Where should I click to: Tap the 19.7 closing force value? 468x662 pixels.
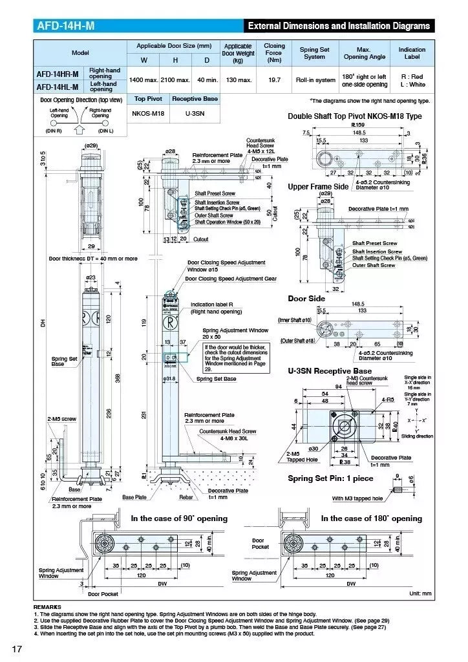[274, 80]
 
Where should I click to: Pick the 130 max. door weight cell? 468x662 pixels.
[237, 80]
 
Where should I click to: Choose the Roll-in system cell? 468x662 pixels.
[315, 80]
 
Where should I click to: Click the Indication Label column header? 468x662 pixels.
[412, 53]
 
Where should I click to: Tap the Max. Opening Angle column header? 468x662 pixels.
[363, 53]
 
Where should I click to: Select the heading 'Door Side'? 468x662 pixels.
[306, 299]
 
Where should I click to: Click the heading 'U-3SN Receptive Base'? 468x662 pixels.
[330, 371]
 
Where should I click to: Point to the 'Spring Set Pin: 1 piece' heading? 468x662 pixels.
[330, 478]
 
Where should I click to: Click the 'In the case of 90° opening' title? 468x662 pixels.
[179, 518]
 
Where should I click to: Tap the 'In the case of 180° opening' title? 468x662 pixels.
[371, 518]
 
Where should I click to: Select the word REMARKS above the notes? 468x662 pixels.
[47, 607]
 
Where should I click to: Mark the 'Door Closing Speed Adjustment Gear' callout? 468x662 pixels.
[231, 279]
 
